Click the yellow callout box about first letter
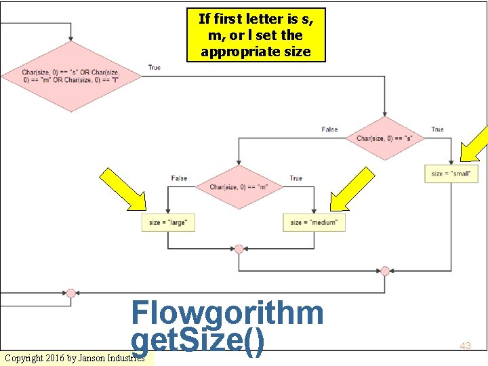(256, 35)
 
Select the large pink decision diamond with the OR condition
(71, 76)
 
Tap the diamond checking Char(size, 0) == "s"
(385, 138)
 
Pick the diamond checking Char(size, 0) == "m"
(239, 187)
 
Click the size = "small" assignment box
(450, 174)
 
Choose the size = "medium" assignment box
(313, 222)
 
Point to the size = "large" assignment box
(168, 222)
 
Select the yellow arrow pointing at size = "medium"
(352, 190)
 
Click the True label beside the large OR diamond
(155, 68)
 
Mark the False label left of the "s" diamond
(329, 129)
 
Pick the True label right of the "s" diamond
(437, 129)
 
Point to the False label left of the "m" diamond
(179, 178)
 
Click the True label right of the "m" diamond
(296, 178)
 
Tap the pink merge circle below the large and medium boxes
(239, 249)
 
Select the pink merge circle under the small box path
(385, 271)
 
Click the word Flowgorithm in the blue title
(227, 313)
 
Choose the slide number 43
(465, 346)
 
